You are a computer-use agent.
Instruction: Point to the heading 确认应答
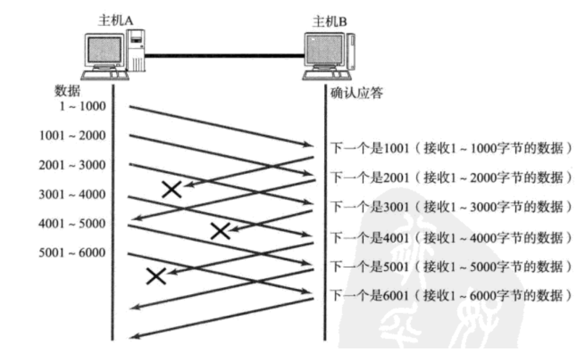click(x=357, y=93)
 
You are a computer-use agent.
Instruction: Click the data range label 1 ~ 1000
click(x=83, y=106)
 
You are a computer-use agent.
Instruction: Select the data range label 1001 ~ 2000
click(x=72, y=135)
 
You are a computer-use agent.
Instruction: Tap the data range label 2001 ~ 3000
click(x=72, y=165)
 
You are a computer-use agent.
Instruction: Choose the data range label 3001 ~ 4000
click(x=72, y=194)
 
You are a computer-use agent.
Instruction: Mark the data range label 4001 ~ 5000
click(x=72, y=223)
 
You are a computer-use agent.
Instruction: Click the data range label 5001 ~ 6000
click(x=72, y=252)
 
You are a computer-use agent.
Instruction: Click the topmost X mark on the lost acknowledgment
click(x=171, y=190)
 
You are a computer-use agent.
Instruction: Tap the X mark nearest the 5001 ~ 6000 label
click(x=156, y=275)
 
